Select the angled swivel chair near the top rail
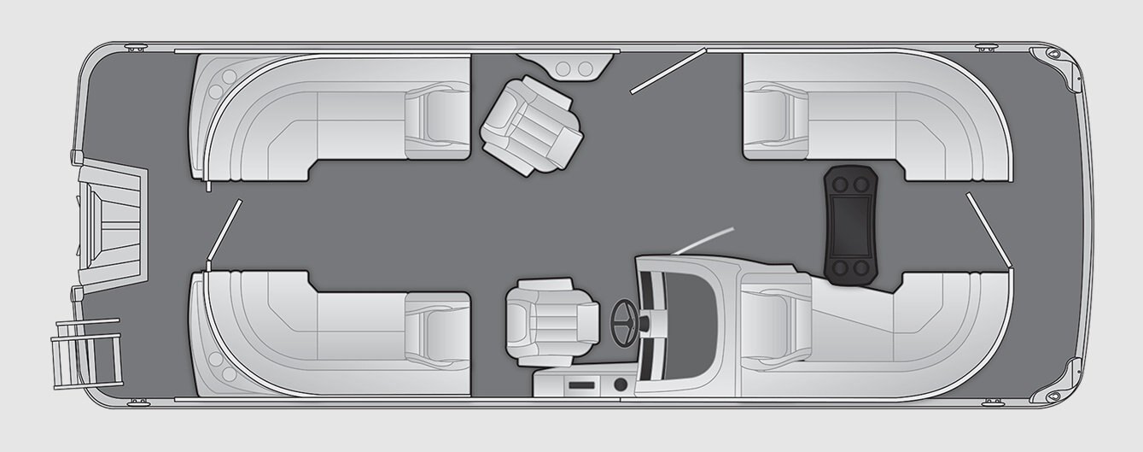click(x=530, y=126)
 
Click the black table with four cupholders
click(x=850, y=222)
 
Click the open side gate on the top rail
click(x=668, y=70)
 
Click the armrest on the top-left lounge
click(x=437, y=120)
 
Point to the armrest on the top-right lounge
click(x=776, y=120)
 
